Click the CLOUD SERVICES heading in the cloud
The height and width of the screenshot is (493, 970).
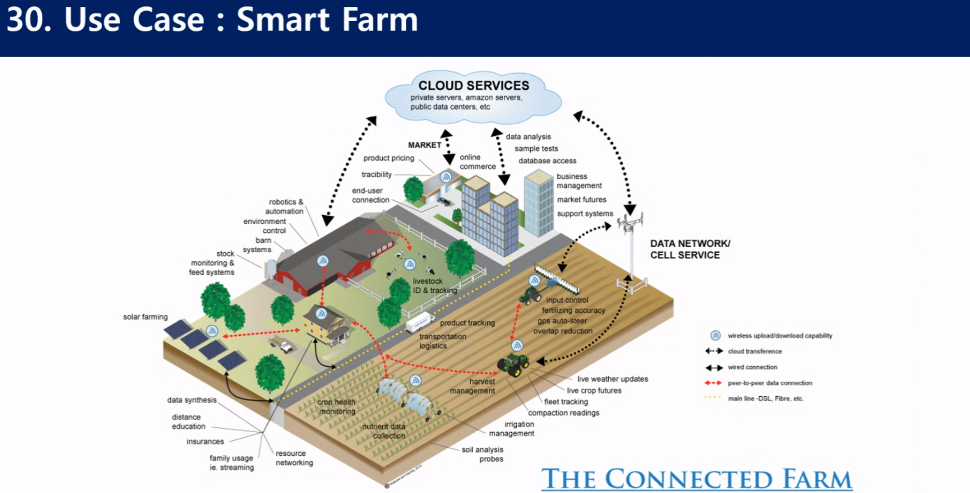point(474,85)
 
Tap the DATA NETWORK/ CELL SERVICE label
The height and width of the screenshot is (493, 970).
point(690,249)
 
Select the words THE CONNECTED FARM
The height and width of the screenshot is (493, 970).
point(696,478)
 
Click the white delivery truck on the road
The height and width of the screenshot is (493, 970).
point(419,322)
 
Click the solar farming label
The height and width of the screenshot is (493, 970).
point(145,317)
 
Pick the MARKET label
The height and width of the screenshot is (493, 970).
point(424,145)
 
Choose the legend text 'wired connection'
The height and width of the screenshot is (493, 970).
point(752,367)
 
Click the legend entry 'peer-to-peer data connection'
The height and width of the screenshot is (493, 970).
point(769,383)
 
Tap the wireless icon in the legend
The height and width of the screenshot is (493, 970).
point(715,335)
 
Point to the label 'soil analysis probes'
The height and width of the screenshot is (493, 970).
point(482,454)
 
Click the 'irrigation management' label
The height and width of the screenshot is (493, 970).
point(512,428)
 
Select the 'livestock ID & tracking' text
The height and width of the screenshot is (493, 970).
point(434,285)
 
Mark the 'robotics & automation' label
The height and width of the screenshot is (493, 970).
point(285,206)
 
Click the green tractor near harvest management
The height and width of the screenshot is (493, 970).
point(513,364)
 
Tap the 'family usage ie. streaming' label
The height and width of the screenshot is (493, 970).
point(231,462)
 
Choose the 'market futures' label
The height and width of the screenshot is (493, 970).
point(581,199)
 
